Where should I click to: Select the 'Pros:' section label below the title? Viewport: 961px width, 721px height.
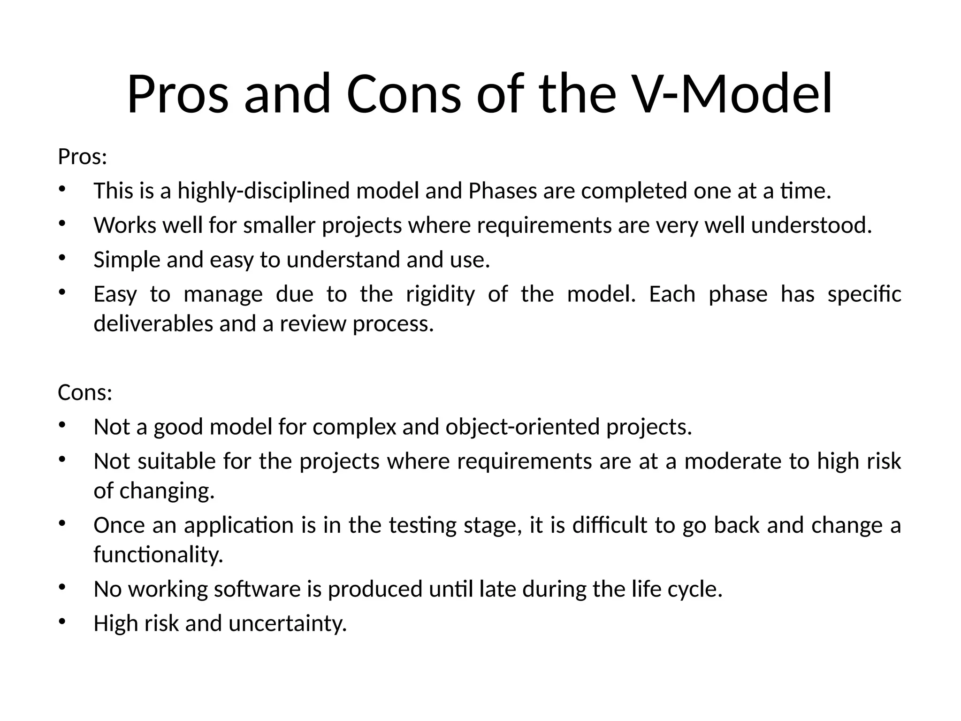[x=83, y=157]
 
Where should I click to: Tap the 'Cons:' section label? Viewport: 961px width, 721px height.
[x=85, y=392]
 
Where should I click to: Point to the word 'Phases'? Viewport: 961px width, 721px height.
[x=503, y=191]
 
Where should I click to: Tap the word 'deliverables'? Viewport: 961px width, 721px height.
[x=153, y=324]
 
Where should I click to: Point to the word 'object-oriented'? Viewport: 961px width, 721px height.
[x=523, y=427]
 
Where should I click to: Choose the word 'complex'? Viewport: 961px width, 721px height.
[x=354, y=427]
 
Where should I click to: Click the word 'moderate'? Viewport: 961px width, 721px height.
[x=733, y=461]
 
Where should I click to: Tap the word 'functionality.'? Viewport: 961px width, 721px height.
[x=158, y=555]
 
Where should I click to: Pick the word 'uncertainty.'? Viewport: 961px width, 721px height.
[x=288, y=624]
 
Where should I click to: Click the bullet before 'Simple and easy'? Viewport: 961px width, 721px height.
[x=61, y=257]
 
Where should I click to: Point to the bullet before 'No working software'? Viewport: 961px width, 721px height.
[x=61, y=586]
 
